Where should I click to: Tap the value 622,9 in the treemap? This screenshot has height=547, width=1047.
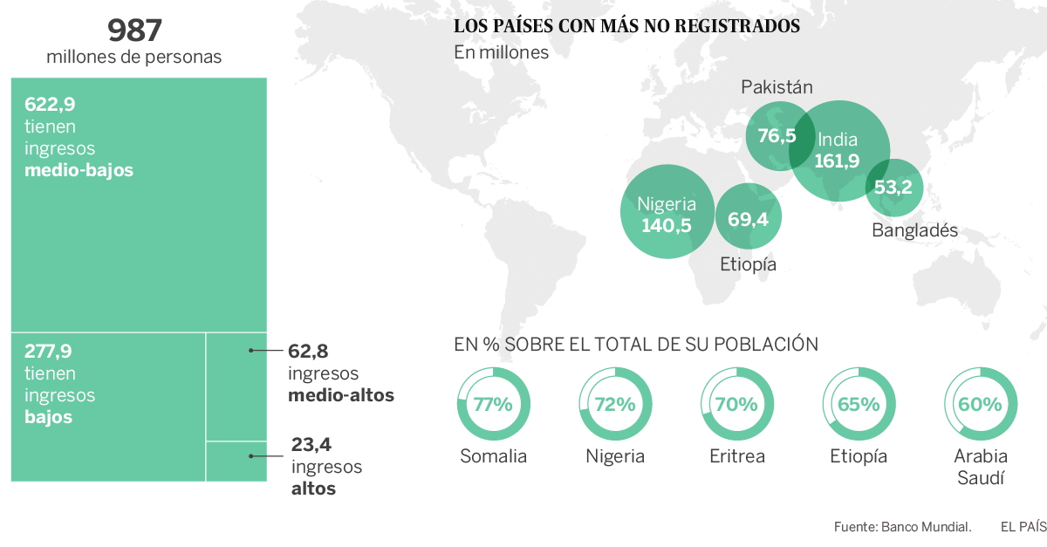pyautogui.click(x=50, y=105)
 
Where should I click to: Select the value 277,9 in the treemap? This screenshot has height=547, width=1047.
pyautogui.click(x=48, y=352)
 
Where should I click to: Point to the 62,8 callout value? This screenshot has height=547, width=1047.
pyautogui.click(x=308, y=352)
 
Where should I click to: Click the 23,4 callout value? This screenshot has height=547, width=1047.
pyautogui.click(x=311, y=445)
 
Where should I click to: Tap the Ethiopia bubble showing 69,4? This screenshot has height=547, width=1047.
pyautogui.click(x=748, y=218)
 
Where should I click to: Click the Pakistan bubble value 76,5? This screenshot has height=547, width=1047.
pyautogui.click(x=777, y=136)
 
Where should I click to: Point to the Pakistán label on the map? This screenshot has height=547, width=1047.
pyautogui.click(x=777, y=87)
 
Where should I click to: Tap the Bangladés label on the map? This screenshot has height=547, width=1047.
pyautogui.click(x=914, y=230)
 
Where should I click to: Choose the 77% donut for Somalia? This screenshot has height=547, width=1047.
pyautogui.click(x=493, y=404)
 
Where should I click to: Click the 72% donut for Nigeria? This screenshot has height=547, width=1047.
pyautogui.click(x=615, y=404)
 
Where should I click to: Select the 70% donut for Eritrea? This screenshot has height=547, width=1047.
pyautogui.click(x=736, y=404)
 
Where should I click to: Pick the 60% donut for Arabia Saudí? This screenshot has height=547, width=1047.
pyautogui.click(x=981, y=404)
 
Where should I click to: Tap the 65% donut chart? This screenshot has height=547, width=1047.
pyautogui.click(x=859, y=404)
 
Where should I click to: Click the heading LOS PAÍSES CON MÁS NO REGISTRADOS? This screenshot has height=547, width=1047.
pyautogui.click(x=626, y=26)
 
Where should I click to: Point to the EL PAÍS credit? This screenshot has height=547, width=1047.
pyautogui.click(x=1023, y=526)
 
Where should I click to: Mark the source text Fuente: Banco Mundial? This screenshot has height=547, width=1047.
pyautogui.click(x=902, y=526)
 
